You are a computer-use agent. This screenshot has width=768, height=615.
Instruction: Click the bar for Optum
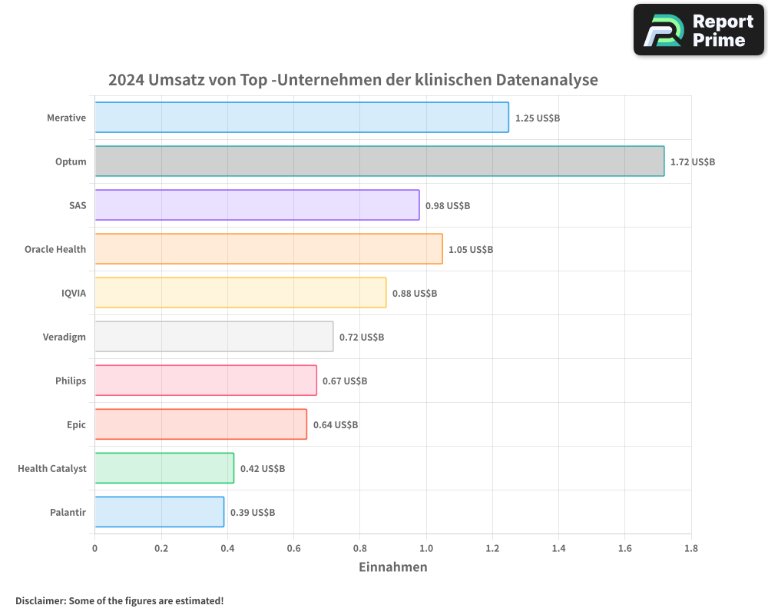tap(379, 161)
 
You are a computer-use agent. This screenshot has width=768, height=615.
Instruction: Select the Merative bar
tap(301, 118)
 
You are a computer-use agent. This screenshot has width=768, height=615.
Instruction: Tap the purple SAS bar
tap(257, 205)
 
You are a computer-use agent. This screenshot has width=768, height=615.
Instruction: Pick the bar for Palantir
tap(159, 512)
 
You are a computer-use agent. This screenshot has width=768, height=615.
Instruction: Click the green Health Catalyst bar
tap(164, 468)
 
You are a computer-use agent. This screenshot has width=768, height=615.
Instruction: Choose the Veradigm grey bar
tap(214, 337)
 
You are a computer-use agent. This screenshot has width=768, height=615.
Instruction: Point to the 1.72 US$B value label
tap(692, 162)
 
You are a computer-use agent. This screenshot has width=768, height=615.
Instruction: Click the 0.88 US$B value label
tap(414, 294)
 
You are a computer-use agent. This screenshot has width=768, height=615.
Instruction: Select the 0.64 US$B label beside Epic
tap(335, 425)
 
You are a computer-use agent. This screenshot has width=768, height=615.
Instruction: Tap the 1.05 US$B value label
tap(470, 250)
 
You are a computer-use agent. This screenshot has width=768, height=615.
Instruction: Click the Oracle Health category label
tap(55, 249)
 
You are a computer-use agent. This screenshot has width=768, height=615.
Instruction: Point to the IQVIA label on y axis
tap(74, 293)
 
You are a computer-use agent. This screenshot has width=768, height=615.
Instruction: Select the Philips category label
tap(71, 381)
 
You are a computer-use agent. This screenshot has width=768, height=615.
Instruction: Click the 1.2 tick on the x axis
tap(492, 549)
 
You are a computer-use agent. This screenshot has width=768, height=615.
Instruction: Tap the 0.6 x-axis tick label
tap(293, 549)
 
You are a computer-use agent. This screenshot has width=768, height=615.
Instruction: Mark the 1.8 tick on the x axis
tap(690, 549)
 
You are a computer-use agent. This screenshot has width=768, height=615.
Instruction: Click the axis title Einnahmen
tap(392, 567)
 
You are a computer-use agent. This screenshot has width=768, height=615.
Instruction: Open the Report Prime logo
tap(698, 30)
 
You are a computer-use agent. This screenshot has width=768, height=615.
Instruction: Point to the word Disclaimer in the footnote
tap(40, 600)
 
